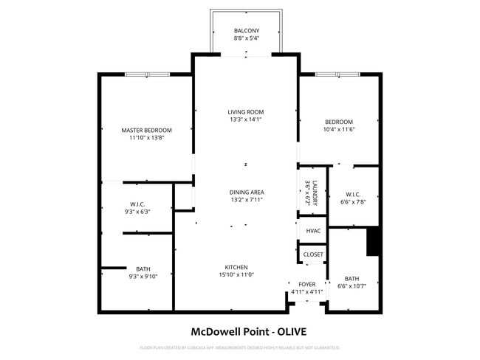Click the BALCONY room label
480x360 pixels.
tap(246, 30)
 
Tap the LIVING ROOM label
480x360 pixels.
tap(246, 111)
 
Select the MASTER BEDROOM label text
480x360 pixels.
tap(146, 130)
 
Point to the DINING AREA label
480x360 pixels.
tap(247, 192)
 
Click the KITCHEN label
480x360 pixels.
tap(236, 267)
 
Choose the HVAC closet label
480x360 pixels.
tap(312, 231)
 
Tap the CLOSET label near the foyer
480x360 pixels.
tap(313, 255)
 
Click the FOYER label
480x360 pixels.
tap(307, 284)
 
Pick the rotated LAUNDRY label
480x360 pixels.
tap(314, 192)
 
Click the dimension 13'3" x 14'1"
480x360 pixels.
tap(246, 119)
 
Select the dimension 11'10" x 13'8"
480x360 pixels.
tap(146, 137)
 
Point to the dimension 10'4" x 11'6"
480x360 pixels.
tap(339, 129)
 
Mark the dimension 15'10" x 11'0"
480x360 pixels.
tap(236, 274)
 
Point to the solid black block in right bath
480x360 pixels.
tap(373, 241)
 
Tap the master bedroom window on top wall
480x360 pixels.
tap(146, 74)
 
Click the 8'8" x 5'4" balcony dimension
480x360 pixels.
tap(246, 38)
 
